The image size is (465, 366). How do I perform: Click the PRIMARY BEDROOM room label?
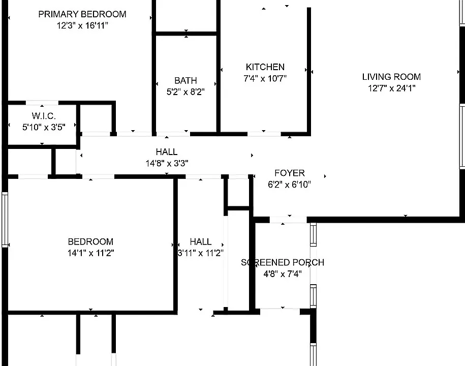tap(82, 14)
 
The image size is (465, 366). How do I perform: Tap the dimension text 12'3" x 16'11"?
tap(82, 25)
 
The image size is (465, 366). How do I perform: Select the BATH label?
tap(185, 81)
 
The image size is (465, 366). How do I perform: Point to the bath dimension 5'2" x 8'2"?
tap(185, 92)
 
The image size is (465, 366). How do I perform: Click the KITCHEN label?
tap(265, 67)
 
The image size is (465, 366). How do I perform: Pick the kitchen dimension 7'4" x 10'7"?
tap(265, 79)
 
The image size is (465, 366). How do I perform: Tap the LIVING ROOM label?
tap(391, 77)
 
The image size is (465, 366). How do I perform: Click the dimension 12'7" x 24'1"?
tap(391, 88)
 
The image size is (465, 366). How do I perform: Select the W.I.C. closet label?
tap(44, 116)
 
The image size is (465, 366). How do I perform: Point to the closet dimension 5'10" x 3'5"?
tap(44, 127)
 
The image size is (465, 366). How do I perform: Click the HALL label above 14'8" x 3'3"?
tap(167, 152)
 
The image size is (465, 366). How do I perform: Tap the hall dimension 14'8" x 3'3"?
tap(167, 163)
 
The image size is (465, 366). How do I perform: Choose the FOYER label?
tap(290, 173)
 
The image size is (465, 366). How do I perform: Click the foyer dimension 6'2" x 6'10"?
tap(290, 185)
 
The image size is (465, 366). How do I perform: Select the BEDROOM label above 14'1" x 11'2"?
tap(90, 242)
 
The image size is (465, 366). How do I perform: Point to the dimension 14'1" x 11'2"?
tap(90, 253)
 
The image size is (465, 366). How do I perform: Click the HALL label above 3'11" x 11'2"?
tap(201, 242)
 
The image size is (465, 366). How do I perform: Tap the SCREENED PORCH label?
tap(283, 262)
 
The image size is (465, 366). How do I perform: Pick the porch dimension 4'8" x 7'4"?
tap(283, 274)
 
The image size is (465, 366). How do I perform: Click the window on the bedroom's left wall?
tap(5, 220)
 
